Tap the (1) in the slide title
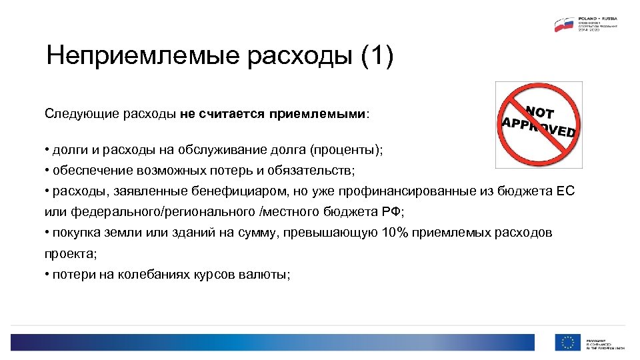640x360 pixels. pyautogui.click(x=377, y=56)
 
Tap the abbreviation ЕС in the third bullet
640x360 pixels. pyautogui.click(x=564, y=191)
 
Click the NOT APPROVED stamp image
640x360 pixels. pyautogui.click(x=538, y=124)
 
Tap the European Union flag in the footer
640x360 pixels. pyautogui.click(x=568, y=342)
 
